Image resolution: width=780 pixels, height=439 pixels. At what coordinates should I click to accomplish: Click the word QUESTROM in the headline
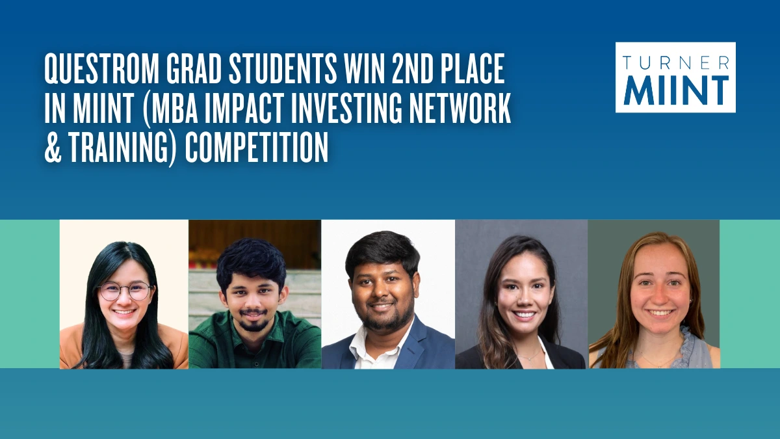(x=101, y=70)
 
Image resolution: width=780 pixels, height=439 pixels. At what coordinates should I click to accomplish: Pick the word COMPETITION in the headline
(x=256, y=147)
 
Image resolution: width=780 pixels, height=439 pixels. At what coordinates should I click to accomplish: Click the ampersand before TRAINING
(x=53, y=147)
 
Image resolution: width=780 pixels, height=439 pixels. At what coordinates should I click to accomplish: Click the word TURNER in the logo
(x=675, y=62)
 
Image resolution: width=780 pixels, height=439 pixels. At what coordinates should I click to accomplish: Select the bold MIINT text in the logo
(x=676, y=90)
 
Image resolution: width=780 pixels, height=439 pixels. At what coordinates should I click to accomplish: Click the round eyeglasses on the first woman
(x=125, y=291)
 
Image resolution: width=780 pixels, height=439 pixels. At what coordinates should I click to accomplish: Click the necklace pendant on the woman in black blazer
(x=528, y=358)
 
